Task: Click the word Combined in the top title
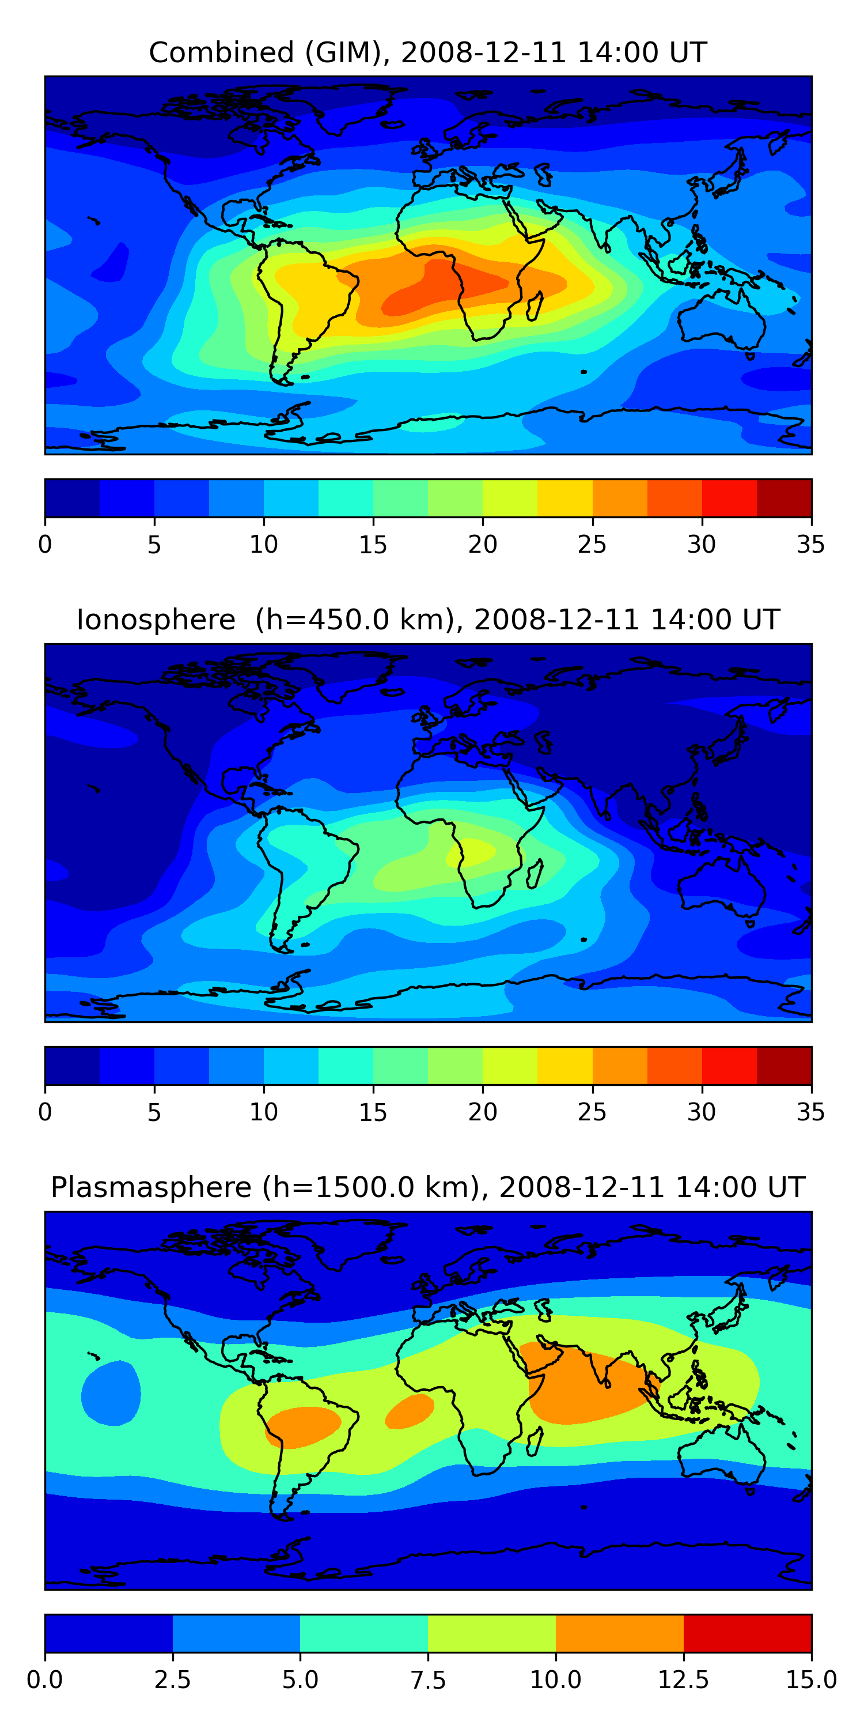click(221, 52)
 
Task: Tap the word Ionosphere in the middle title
click(156, 620)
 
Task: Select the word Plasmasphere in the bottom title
click(151, 1187)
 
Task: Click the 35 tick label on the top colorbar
click(810, 544)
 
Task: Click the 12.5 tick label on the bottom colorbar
click(683, 1680)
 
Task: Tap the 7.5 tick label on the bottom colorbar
click(428, 1680)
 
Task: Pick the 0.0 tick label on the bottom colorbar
click(45, 1680)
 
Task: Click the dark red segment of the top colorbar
click(783, 498)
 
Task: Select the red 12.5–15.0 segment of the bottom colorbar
click(747, 1633)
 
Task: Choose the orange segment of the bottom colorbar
click(619, 1633)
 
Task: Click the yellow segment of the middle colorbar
click(565, 1065)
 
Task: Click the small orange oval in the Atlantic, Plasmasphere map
click(409, 1410)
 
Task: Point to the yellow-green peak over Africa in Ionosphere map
click(472, 852)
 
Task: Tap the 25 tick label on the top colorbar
click(592, 544)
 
